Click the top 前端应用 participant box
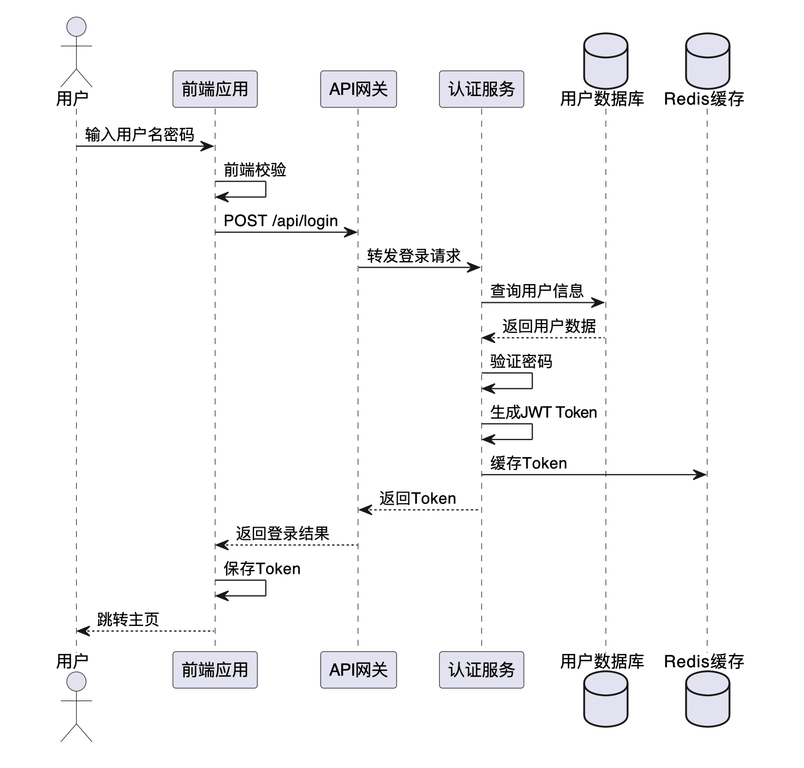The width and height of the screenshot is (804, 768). [215, 89]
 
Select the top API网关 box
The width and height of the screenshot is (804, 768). [358, 89]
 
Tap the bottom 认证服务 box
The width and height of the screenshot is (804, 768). [482, 670]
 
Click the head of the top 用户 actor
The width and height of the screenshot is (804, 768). [76, 26]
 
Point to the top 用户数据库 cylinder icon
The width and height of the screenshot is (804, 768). [605, 60]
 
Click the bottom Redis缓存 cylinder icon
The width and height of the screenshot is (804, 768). [707, 698]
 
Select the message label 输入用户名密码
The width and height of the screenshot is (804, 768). [140, 135]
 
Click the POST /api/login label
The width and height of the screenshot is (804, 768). [281, 221]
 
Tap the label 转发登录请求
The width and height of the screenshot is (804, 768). [414, 256]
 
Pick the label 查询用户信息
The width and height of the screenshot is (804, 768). [537, 291]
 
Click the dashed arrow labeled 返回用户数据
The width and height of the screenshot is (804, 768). [543, 338]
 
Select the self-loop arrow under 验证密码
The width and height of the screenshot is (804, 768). [532, 381]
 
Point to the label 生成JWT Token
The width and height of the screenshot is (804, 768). [543, 412]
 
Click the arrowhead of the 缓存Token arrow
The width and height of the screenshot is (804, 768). [700, 475]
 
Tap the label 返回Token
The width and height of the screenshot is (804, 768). [418, 498]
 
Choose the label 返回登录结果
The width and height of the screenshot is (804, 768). [282, 533]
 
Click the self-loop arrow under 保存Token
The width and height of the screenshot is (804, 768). [265, 588]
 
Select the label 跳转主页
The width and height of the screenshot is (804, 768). [128, 619]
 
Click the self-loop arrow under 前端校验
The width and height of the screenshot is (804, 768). [265, 189]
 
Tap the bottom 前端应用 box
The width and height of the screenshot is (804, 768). [215, 670]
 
